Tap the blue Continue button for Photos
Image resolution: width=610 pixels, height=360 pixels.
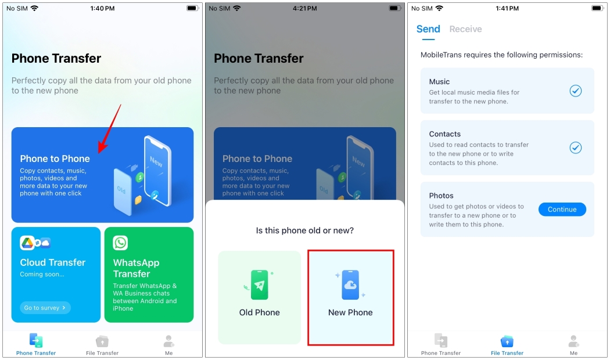pos(562,210)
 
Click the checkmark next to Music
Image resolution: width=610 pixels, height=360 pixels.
pos(575,91)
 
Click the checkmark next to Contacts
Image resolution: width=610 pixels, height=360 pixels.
pos(575,147)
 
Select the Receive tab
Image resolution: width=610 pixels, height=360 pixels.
pos(465,29)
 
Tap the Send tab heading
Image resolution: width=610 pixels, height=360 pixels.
pos(428,29)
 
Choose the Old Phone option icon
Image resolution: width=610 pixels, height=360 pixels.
pos(259,285)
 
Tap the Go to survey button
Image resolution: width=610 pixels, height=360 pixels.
pos(45,308)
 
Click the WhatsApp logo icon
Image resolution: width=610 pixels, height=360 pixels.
pos(120,243)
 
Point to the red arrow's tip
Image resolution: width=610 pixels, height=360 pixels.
pos(99,153)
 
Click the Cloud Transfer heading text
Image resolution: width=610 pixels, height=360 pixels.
pos(53,262)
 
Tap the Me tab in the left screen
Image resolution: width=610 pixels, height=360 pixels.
pos(168,344)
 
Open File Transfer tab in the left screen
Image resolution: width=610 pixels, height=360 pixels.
pos(102,344)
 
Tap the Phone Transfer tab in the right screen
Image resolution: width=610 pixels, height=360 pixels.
pos(441,344)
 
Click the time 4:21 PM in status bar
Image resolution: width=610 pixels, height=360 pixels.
pos(304,9)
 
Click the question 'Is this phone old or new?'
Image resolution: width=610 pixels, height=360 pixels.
pos(305,231)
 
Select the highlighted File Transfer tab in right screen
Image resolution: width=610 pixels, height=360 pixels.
pos(507,344)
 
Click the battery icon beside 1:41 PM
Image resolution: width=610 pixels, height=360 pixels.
pos(598,9)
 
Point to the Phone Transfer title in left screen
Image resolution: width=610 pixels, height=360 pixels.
pos(56,59)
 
